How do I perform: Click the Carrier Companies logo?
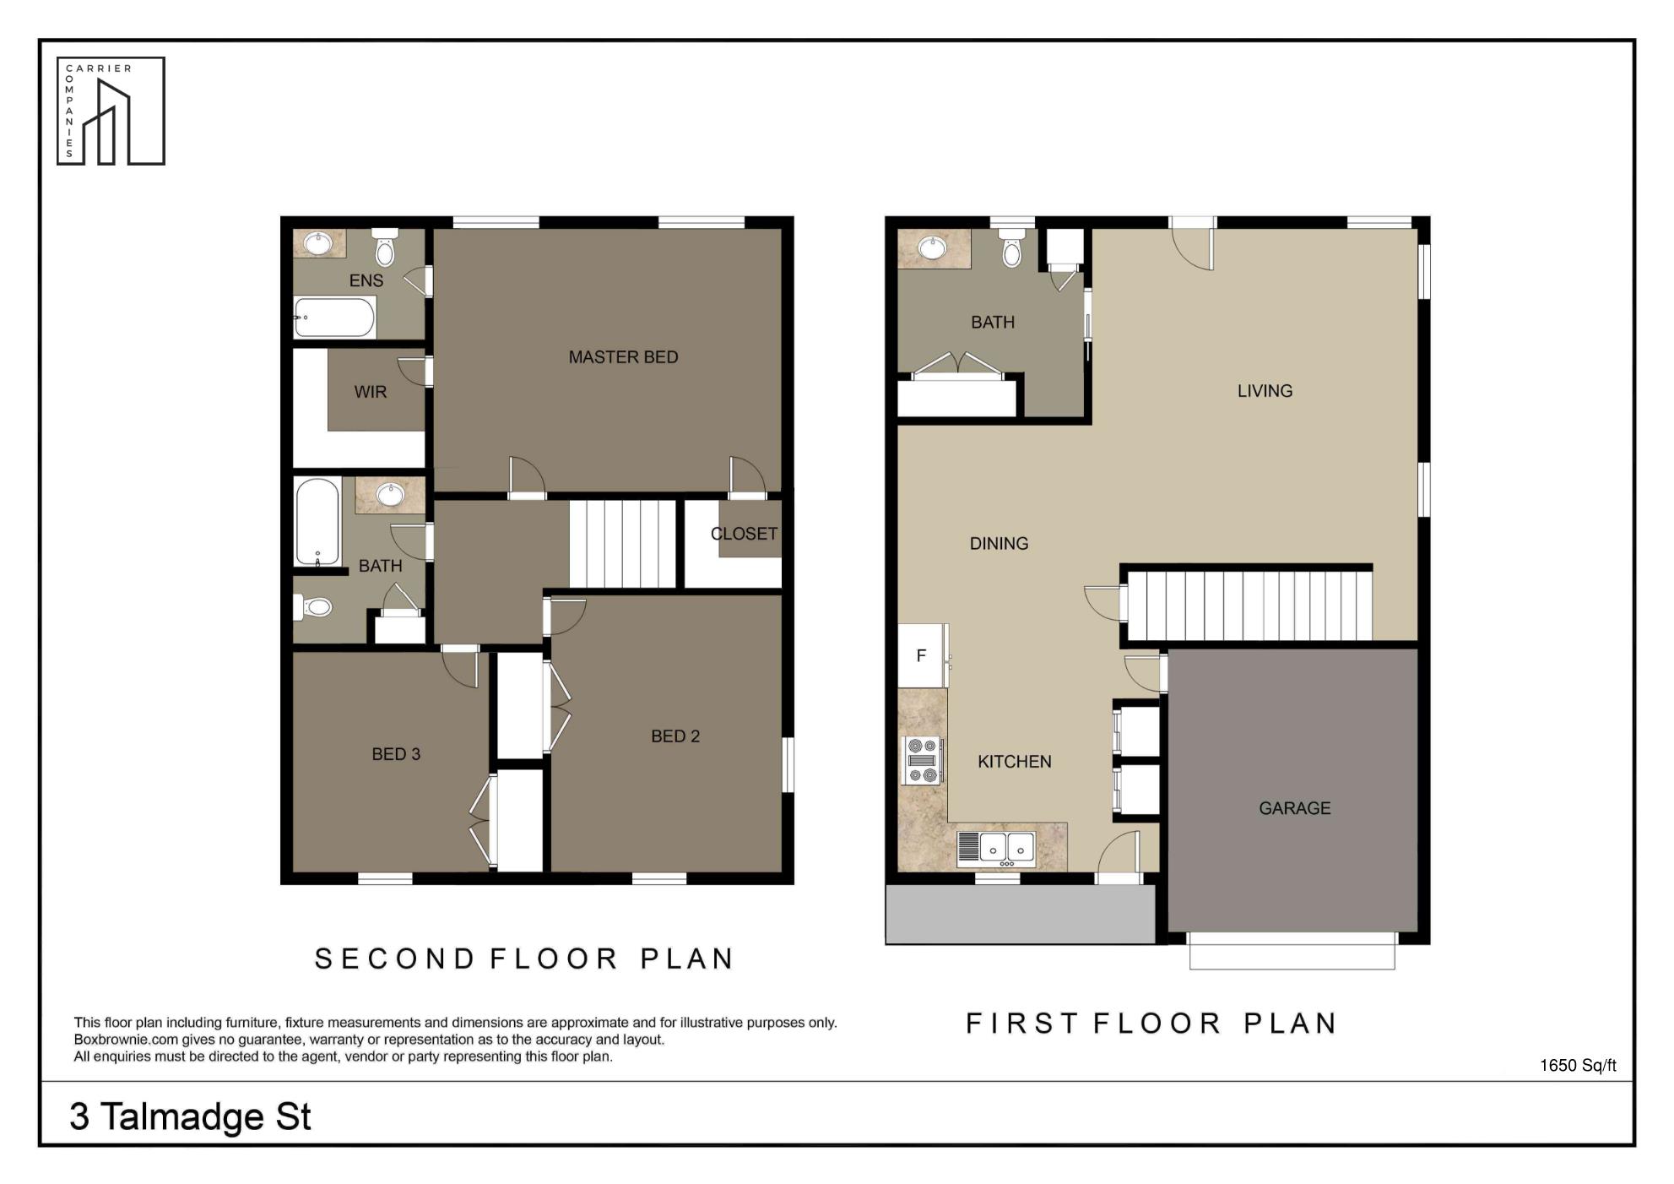tap(111, 111)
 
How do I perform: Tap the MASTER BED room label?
tap(623, 357)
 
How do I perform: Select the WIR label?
tap(371, 392)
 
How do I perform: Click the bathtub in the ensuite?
tap(334, 318)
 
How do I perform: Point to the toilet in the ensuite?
tap(384, 246)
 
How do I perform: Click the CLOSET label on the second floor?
tap(744, 534)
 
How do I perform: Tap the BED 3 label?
tap(396, 754)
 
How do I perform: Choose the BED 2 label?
tap(675, 736)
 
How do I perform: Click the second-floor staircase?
tap(622, 544)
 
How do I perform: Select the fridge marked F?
tap(923, 655)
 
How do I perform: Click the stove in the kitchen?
tap(922, 760)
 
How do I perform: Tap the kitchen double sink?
tap(996, 849)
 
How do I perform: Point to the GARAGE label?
tap(1294, 808)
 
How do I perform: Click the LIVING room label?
tap(1265, 391)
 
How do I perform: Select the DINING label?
tap(999, 544)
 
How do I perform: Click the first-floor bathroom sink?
tap(932, 248)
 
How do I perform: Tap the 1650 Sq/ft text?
tap(1578, 1066)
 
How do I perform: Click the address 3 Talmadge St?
tap(190, 1116)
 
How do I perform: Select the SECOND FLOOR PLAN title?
tap(524, 959)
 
